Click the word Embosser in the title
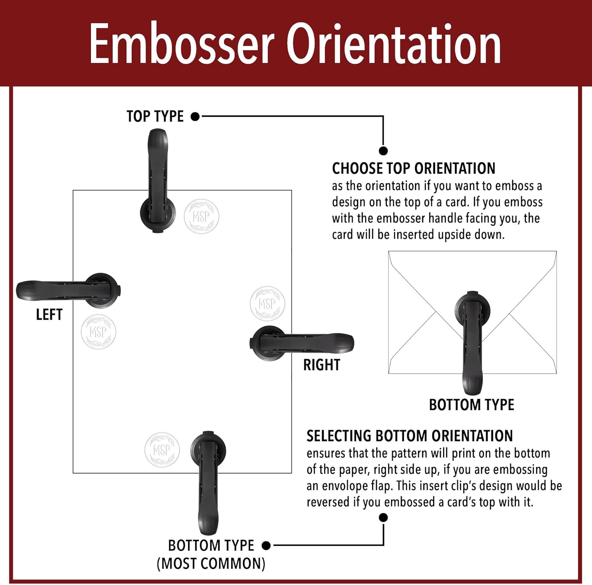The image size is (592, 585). tap(182, 43)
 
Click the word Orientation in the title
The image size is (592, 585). tap(393, 43)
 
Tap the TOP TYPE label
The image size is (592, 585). tap(155, 116)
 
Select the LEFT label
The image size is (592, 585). tap(49, 315)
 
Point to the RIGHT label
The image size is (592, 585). tap(322, 365)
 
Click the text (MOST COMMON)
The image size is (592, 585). tap(211, 563)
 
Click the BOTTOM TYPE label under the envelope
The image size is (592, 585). tap(472, 405)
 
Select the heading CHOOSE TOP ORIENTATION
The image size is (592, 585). tap(414, 168)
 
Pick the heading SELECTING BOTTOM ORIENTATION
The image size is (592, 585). tap(410, 436)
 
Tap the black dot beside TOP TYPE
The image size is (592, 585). tap(195, 117)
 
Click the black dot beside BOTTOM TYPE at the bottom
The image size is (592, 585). tap(266, 546)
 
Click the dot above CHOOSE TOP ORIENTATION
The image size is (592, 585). tap(383, 151)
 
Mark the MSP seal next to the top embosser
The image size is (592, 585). tap(201, 216)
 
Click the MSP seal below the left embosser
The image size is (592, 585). tap(98, 332)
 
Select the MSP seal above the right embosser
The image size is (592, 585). tap(268, 304)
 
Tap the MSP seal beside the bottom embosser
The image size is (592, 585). tap(162, 450)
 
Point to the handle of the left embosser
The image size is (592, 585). tap(43, 291)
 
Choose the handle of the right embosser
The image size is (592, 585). tap(328, 342)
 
